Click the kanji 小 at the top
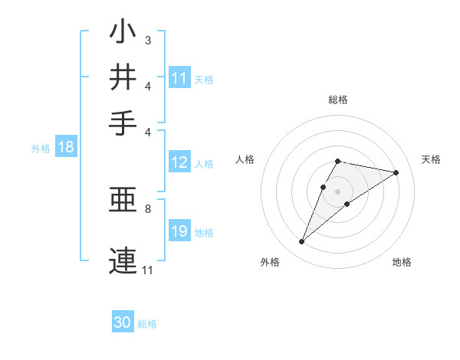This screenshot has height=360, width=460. [123, 32]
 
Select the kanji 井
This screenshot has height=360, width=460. [123, 77]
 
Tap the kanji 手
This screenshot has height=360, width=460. [123, 122]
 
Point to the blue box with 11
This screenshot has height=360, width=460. [179, 77]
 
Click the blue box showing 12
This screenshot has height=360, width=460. [179, 162]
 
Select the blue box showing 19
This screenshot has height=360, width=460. [179, 231]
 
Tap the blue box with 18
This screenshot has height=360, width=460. [66, 147]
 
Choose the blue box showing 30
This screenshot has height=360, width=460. [123, 322]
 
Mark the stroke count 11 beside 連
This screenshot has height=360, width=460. [148, 270]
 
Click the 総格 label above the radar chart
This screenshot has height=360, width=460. [337, 100]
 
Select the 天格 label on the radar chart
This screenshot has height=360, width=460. [431, 159]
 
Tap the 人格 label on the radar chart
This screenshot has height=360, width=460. [245, 159]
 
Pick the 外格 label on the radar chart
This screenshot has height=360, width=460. [270, 262]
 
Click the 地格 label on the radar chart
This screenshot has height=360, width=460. [402, 262]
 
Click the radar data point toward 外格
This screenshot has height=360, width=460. [302, 242]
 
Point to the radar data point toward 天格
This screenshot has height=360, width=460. [396, 172]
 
